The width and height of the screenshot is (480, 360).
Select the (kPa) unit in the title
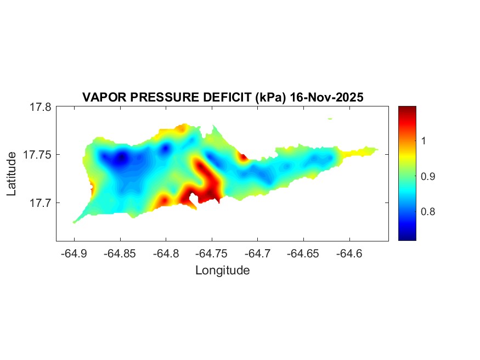pos(269,97)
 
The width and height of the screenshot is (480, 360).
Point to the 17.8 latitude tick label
pos(41,107)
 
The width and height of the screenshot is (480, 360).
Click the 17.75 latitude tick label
pos(38,155)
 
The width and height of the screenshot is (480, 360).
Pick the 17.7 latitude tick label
pos(41,203)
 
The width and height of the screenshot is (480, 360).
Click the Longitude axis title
pos(222,270)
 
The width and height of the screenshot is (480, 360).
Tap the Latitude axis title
pos(12,175)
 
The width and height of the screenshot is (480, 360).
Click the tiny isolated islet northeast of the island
pos(330,119)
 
